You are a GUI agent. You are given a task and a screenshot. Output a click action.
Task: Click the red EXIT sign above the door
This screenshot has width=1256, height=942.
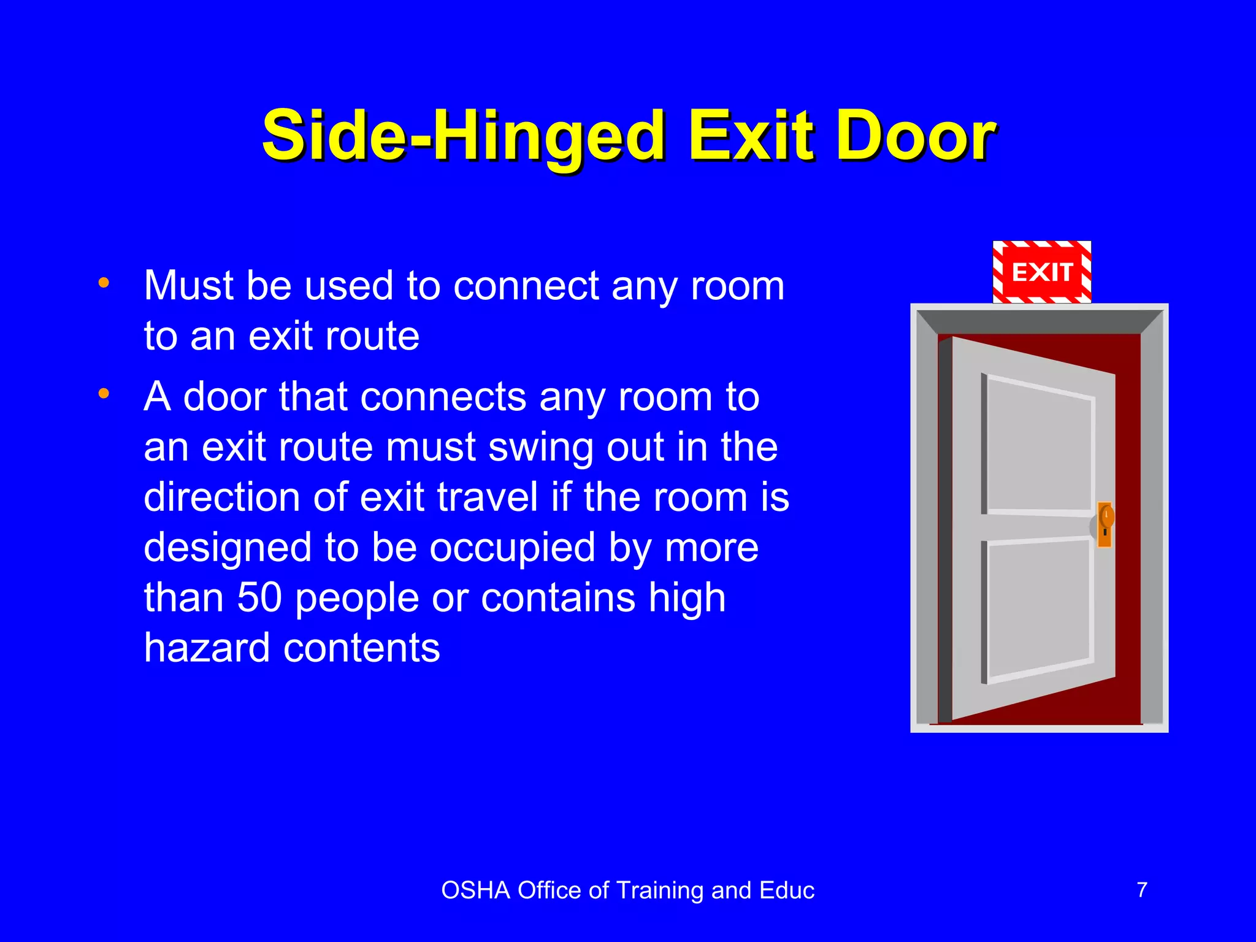1041,272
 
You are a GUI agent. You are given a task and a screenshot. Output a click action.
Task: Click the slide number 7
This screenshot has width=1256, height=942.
1142,890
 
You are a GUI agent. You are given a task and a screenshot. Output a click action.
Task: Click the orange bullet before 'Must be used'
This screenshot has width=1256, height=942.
104,283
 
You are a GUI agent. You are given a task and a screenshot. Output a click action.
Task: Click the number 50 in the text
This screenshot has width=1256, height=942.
259,597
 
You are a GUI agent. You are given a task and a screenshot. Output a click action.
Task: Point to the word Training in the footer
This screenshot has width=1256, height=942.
660,890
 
